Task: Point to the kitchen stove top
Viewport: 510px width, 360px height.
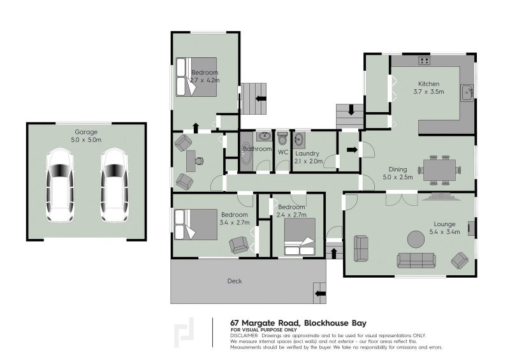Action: (423, 61)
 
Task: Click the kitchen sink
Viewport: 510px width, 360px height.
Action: (467, 93)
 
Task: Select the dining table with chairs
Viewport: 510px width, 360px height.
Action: (439, 169)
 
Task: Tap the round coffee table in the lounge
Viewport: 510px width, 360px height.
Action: (416, 239)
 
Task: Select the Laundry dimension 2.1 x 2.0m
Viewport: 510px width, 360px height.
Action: (309, 162)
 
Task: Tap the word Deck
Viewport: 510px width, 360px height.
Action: (235, 281)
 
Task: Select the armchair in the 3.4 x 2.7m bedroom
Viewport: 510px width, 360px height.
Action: (240, 245)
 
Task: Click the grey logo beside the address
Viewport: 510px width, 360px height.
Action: (185, 331)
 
